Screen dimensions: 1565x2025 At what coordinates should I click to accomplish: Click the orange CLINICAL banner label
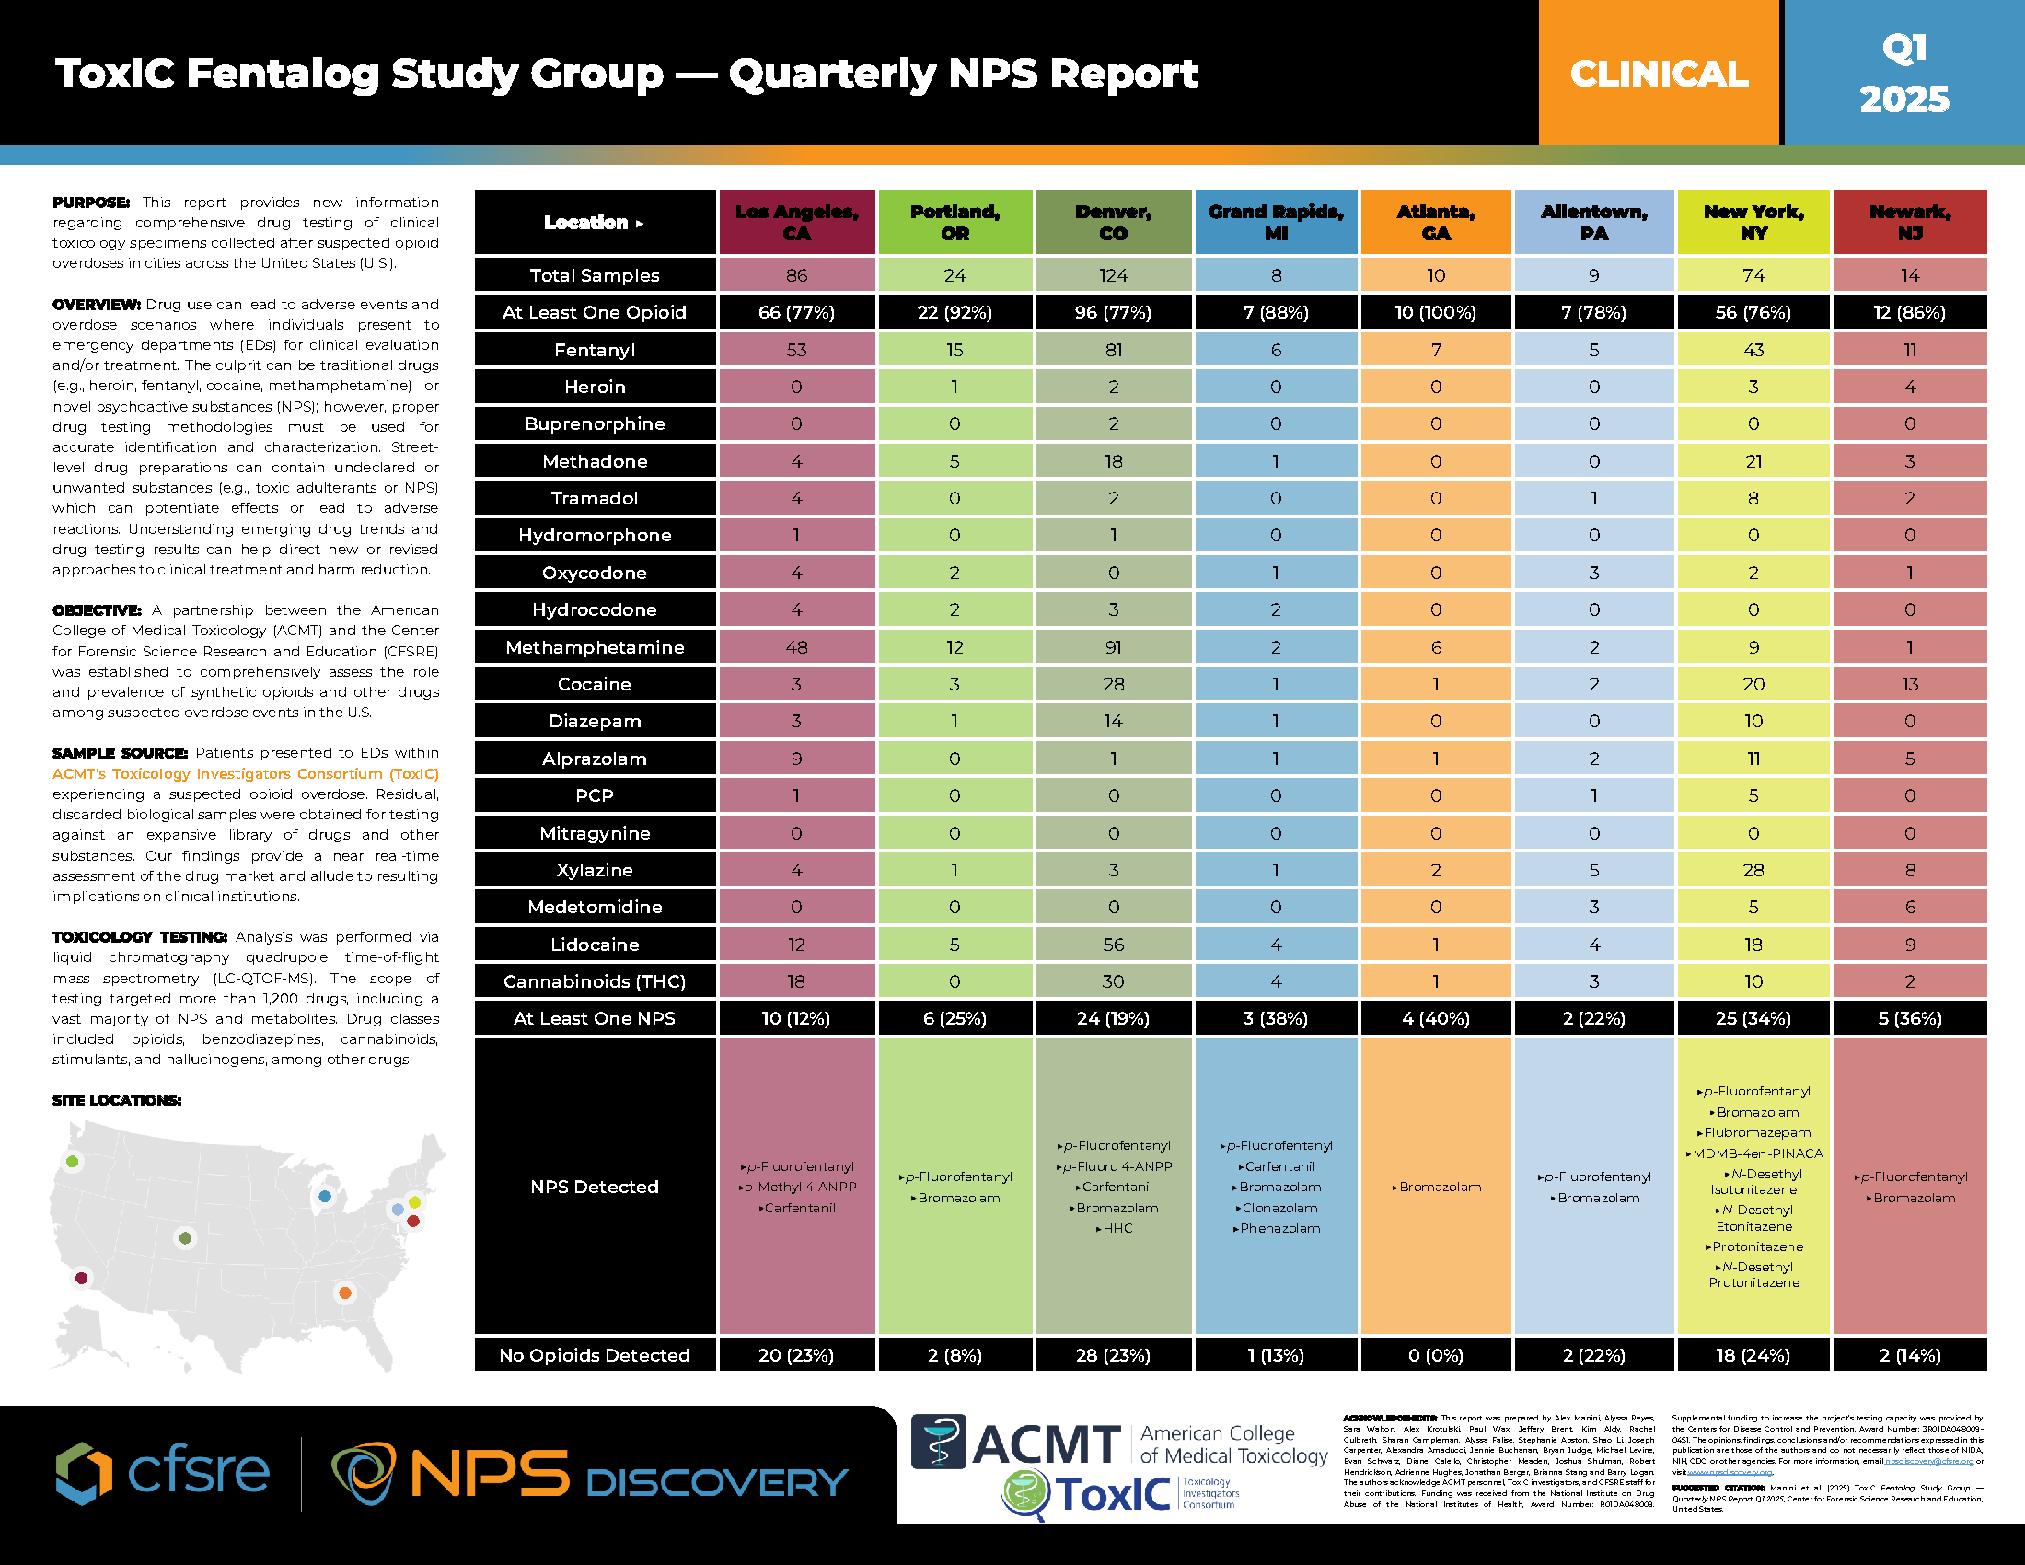tap(1659, 74)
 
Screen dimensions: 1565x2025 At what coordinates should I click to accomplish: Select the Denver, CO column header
tap(1113, 223)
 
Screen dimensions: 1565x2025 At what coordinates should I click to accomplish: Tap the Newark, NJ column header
tap(1910, 223)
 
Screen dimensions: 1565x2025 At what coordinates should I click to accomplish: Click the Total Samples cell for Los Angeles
tap(796, 275)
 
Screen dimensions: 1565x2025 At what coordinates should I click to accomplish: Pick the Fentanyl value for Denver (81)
tap(1113, 350)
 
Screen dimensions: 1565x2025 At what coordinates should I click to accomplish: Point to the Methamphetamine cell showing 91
tap(1113, 647)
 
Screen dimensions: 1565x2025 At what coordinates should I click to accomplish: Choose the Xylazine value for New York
tap(1753, 870)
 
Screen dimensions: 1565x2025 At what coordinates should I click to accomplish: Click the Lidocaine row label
tap(595, 945)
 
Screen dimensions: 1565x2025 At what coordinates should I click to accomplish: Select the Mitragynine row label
tap(595, 833)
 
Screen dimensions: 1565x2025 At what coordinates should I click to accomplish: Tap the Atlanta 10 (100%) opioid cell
tap(1435, 312)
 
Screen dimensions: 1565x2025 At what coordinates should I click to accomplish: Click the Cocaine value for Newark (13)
tap(1910, 684)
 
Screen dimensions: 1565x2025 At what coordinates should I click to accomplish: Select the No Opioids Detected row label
tap(595, 1355)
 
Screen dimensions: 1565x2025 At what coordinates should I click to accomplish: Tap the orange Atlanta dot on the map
tap(345, 1293)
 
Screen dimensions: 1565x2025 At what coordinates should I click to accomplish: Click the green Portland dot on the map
tap(73, 1161)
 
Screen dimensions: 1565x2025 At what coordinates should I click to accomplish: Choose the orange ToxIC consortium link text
tap(246, 773)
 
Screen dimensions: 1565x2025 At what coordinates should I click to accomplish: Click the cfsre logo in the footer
tap(163, 1472)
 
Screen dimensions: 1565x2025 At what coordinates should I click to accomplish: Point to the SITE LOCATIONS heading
tap(117, 1100)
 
